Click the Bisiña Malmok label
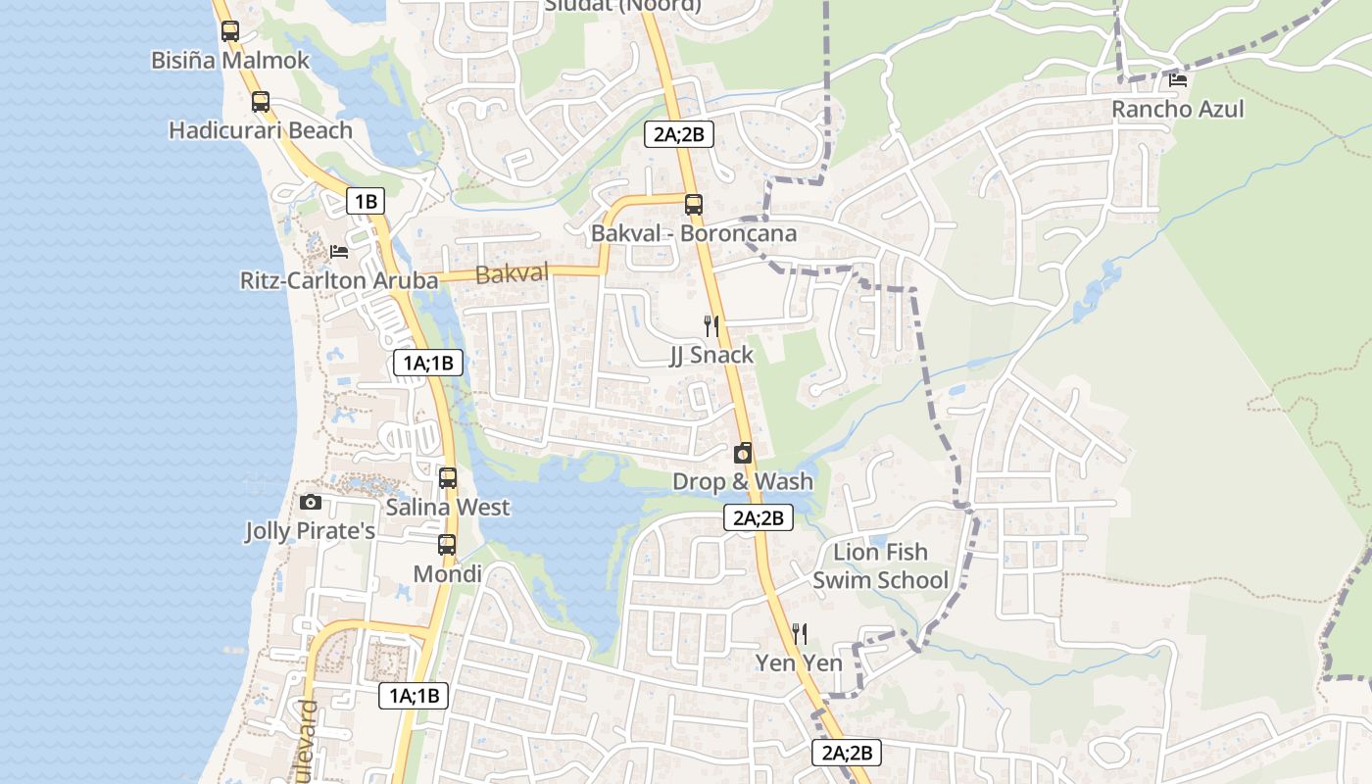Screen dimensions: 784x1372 (x=229, y=60)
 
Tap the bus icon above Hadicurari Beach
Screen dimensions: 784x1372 (x=260, y=101)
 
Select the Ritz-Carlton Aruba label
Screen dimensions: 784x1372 (x=339, y=280)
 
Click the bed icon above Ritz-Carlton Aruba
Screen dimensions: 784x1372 (x=339, y=251)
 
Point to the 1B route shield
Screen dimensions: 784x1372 (x=366, y=202)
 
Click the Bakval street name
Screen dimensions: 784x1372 (x=512, y=274)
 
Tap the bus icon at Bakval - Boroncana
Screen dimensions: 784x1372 (x=693, y=204)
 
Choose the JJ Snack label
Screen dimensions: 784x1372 (x=711, y=355)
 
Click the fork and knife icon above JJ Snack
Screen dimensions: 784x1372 (x=711, y=325)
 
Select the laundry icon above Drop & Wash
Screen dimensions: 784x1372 (x=743, y=453)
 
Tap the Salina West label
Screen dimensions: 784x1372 (x=448, y=507)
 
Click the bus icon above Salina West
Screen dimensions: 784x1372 (x=448, y=478)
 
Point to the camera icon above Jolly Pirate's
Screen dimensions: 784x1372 (x=311, y=502)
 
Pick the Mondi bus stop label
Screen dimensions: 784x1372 (x=447, y=573)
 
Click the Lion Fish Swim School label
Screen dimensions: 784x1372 (x=880, y=565)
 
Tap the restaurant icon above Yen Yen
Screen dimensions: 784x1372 (x=799, y=634)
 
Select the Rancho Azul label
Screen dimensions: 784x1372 (x=1177, y=109)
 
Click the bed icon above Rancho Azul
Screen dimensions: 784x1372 (x=1178, y=79)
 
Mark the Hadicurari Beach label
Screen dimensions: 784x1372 (x=260, y=130)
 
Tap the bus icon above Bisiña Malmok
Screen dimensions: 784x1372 (x=230, y=30)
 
